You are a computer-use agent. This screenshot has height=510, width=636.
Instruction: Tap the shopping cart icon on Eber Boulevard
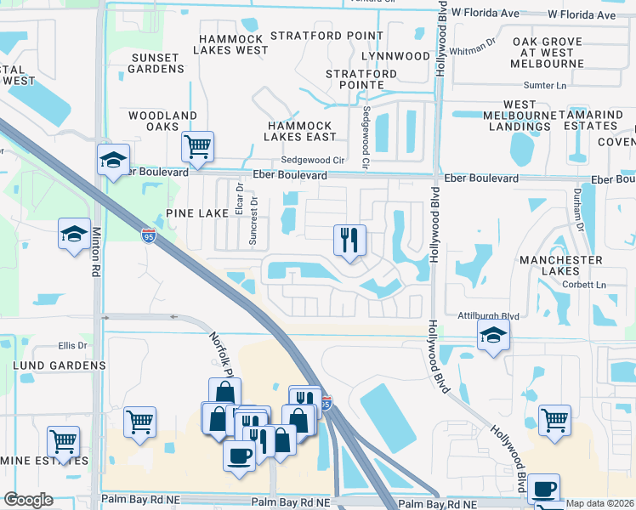coord(197,146)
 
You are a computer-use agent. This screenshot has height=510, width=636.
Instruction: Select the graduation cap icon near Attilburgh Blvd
coord(493,337)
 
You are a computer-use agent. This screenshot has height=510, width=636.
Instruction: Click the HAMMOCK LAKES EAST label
coord(298,131)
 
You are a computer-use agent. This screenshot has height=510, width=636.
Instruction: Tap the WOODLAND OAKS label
coord(162,121)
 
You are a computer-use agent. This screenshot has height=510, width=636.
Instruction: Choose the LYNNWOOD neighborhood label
coord(395,56)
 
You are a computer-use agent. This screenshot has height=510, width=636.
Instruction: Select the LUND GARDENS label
coord(60,365)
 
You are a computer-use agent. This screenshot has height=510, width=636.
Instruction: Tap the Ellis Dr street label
coord(74,345)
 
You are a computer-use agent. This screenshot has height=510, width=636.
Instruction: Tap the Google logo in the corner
coord(28,500)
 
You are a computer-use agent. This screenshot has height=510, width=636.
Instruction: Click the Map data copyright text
coord(599,503)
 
